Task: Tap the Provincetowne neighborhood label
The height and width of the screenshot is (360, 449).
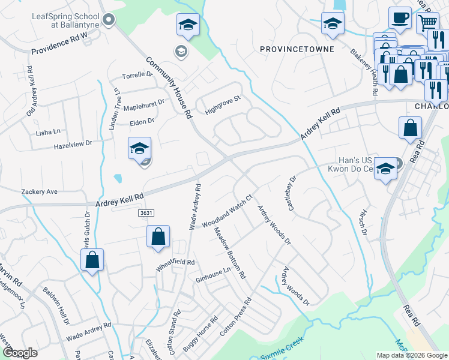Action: point(297,48)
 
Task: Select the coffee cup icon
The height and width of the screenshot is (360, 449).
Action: point(400,18)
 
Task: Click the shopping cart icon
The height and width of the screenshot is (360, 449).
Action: point(427,23)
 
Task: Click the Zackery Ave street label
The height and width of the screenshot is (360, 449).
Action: point(39,191)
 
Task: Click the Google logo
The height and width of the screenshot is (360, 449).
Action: point(20,352)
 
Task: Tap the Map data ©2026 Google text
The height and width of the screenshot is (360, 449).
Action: point(411,355)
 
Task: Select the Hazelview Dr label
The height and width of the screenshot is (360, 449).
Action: point(73,145)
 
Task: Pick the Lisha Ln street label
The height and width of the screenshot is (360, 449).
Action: point(49,131)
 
